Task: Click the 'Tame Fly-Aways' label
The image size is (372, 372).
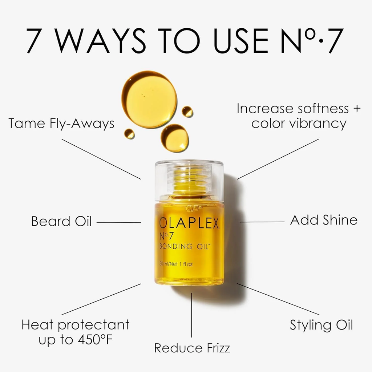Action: (x=61, y=124)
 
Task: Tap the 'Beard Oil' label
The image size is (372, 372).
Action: (x=61, y=221)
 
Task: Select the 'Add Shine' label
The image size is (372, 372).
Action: (x=324, y=220)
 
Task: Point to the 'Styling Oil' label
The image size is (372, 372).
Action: (x=321, y=325)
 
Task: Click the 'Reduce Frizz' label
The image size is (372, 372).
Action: (x=192, y=348)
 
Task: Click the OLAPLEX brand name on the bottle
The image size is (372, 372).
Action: (x=189, y=223)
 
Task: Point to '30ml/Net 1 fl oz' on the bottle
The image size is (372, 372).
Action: (x=176, y=264)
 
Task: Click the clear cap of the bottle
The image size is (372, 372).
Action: (x=189, y=180)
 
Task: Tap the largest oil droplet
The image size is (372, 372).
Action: (x=149, y=99)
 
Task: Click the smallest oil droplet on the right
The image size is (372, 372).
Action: (x=187, y=112)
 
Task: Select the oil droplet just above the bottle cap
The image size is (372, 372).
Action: (x=175, y=138)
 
